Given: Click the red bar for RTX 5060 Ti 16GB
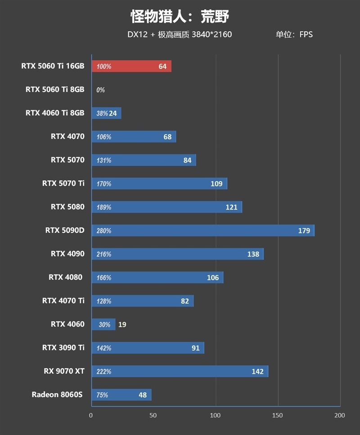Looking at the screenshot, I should [131, 67].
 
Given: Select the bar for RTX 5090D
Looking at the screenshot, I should [202, 231].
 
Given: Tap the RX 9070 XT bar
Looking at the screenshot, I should [180, 372].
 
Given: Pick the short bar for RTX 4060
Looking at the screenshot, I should [103, 324].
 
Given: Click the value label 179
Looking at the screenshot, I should [304, 231].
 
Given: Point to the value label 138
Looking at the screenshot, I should [253, 254].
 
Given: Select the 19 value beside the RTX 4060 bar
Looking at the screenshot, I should [122, 324].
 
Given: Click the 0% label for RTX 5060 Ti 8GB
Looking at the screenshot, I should [100, 90].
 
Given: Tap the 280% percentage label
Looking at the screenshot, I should [103, 231].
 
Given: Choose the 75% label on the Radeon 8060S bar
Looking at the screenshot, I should [102, 395].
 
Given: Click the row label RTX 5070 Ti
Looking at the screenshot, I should [63, 183].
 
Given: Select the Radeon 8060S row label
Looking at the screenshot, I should [58, 394].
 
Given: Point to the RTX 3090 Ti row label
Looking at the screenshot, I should [63, 347].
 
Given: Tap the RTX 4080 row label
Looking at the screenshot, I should [66, 277].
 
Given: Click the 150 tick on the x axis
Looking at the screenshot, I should [278, 415].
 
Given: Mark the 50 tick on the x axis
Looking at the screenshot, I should [153, 415].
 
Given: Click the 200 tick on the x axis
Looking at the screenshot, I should [339, 415].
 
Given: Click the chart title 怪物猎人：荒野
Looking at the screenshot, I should [180, 17].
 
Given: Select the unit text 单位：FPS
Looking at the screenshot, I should [294, 34].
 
